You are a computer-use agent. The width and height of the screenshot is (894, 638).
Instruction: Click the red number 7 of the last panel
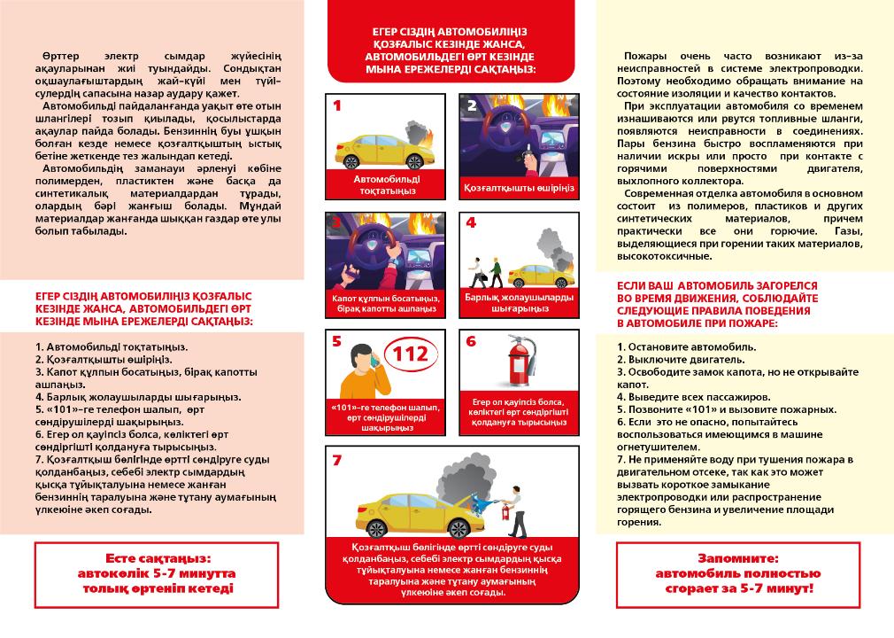[336, 460]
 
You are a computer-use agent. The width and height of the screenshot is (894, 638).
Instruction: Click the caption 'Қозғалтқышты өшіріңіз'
[520, 188]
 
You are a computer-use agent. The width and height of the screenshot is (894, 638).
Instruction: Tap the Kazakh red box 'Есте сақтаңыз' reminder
[158, 574]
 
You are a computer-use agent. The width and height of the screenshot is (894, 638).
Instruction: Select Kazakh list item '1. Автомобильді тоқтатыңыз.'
[112, 346]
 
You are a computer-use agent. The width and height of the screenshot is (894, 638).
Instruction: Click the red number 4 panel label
[470, 223]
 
